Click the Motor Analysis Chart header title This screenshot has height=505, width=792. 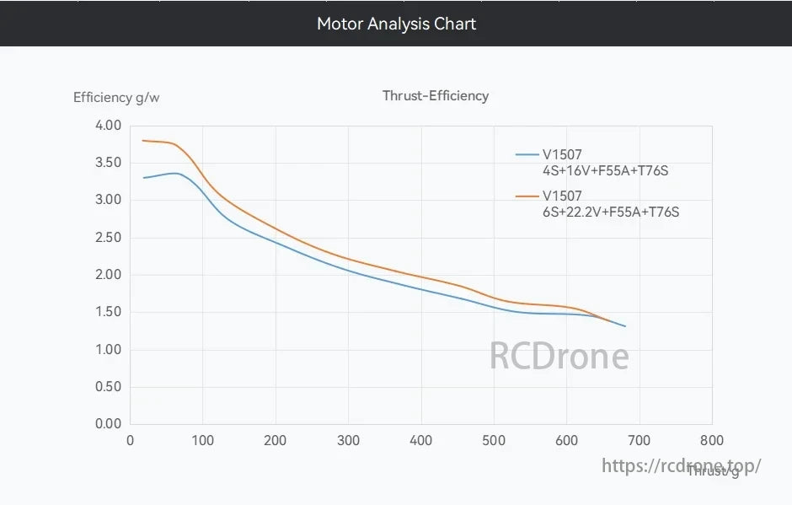coord(396,24)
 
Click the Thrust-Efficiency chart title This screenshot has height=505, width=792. coord(436,96)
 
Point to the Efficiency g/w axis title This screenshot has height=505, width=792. coord(116,98)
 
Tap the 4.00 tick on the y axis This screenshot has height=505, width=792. coord(109,126)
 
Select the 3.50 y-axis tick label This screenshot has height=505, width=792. coord(109,163)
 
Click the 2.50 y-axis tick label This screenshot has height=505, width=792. coord(109,238)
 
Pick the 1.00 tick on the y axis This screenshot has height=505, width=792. coord(109,349)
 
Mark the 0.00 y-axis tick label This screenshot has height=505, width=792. coord(109,424)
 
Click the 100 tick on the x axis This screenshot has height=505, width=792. coord(203,440)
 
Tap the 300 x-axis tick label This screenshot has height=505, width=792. coord(348,440)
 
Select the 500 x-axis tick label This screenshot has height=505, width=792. coord(494,440)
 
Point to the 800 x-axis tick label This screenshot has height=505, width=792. coord(712,440)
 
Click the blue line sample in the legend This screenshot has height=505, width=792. coord(527,155)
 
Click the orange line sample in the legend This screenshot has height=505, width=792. coord(527,196)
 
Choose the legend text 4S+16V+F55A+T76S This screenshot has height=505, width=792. coord(606,171)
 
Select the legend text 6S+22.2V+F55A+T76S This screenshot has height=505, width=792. coord(611,212)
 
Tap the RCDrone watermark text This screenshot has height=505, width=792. coord(559,357)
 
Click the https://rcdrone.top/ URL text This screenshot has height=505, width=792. coord(682,465)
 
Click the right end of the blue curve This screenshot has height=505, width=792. coord(625,326)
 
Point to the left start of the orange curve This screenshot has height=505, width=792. coord(143,141)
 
